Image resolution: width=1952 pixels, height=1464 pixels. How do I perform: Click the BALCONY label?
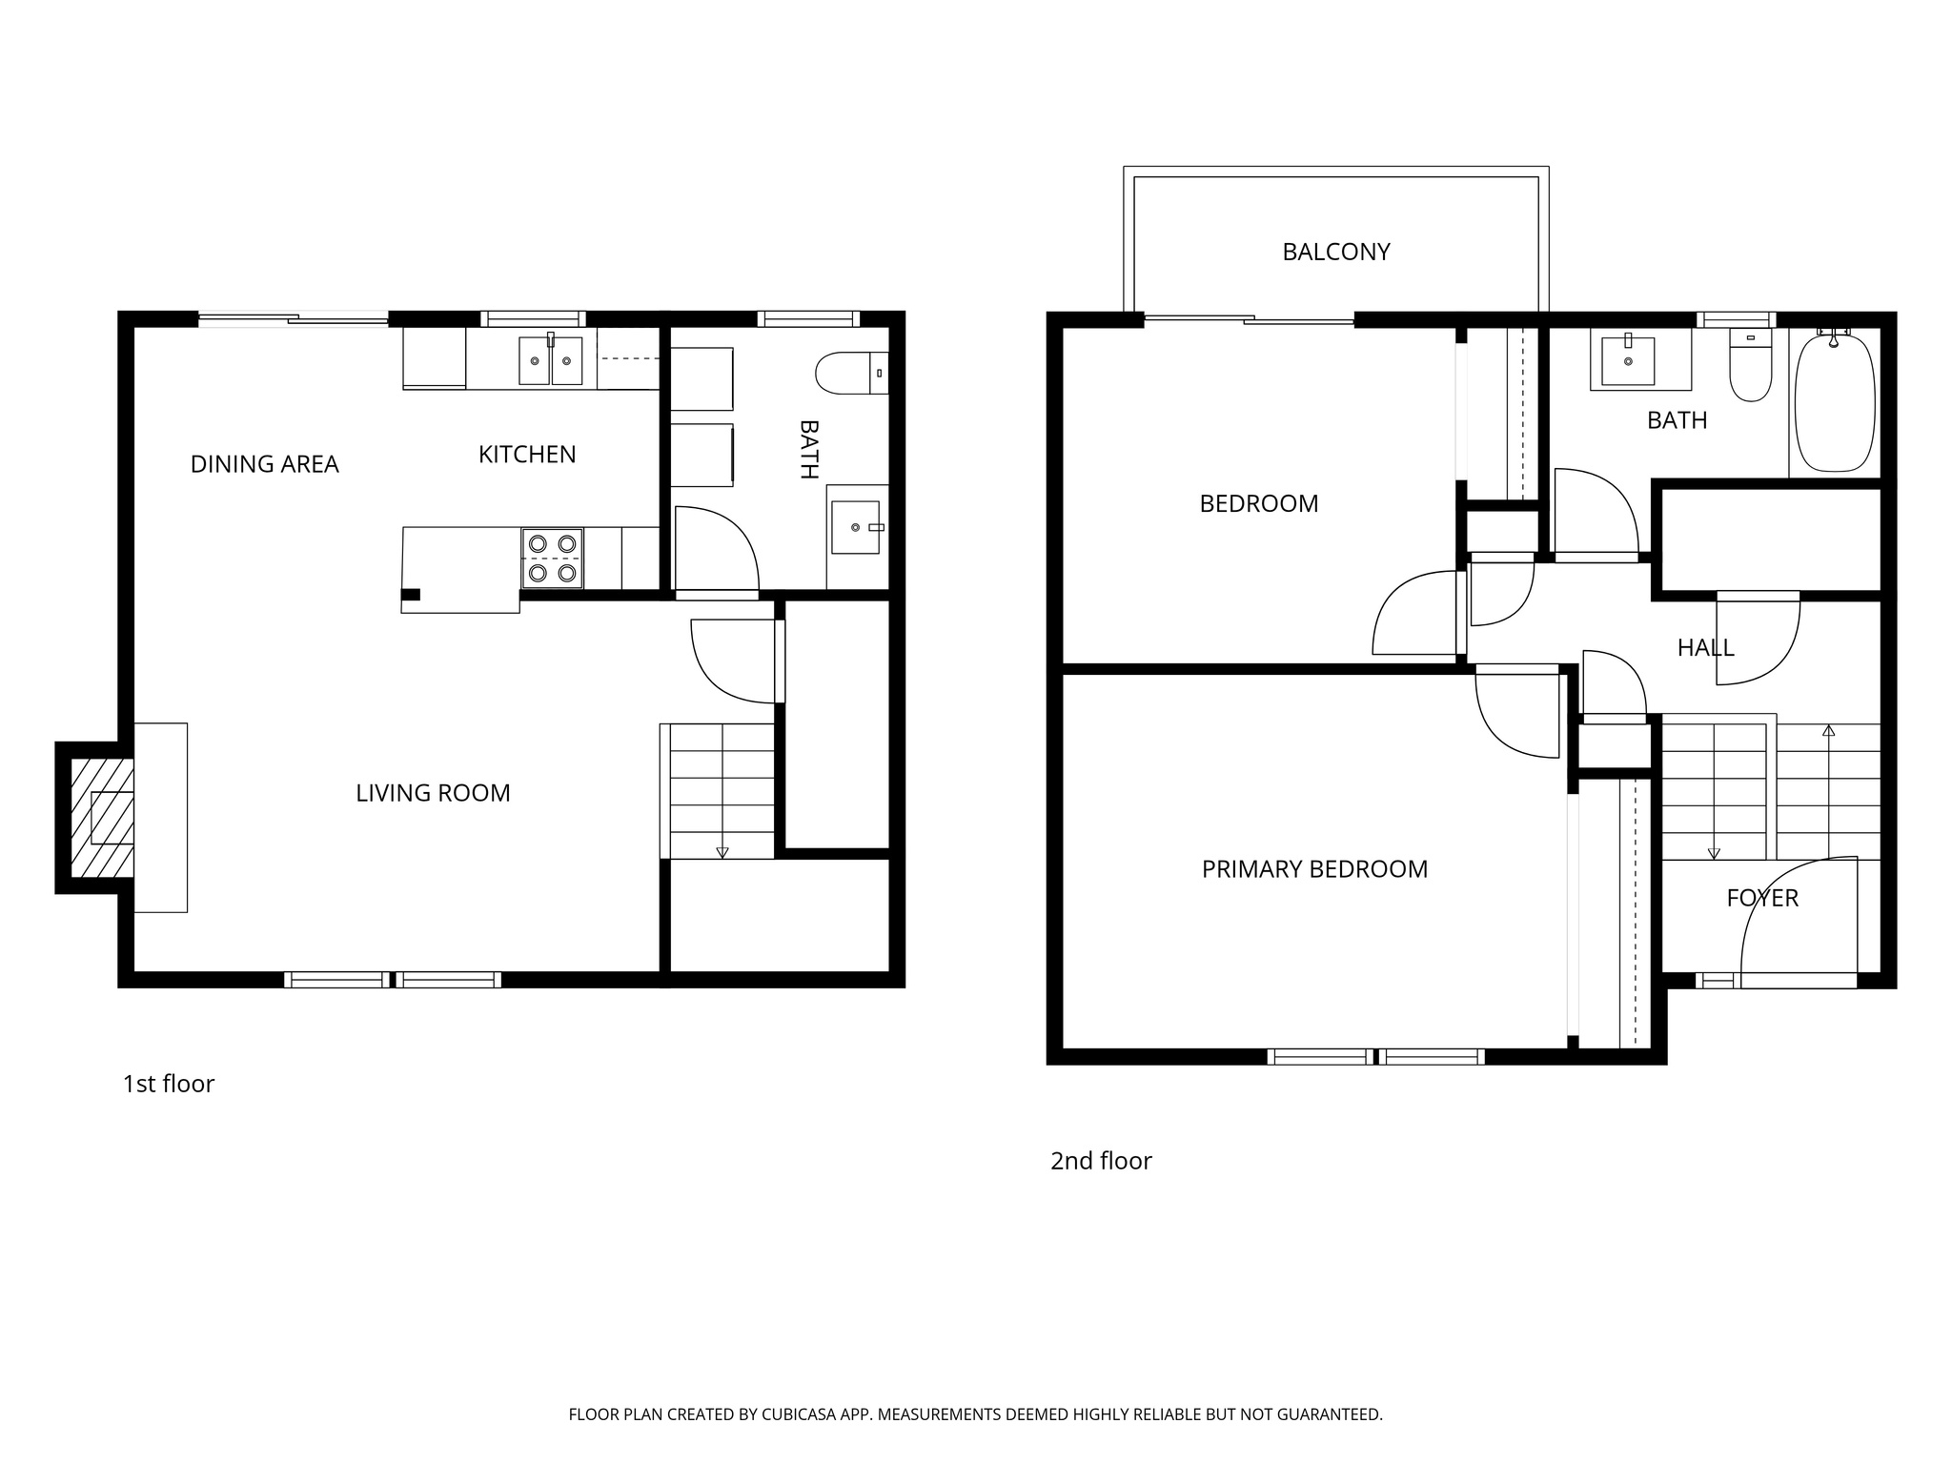click(x=1335, y=252)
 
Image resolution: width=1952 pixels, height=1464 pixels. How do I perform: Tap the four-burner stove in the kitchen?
click(x=553, y=559)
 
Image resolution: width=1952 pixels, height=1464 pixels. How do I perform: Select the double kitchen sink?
click(x=550, y=360)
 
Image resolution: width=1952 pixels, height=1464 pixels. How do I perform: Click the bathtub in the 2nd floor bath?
click(x=1835, y=401)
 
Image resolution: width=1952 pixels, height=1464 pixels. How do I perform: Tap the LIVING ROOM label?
click(x=433, y=793)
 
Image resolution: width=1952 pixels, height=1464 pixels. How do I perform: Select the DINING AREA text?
click(x=264, y=464)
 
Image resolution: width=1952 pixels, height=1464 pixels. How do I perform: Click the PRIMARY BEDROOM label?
click(x=1314, y=869)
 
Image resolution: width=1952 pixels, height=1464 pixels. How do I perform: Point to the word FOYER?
click(x=1762, y=898)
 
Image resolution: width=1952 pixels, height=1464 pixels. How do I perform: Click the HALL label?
click(x=1705, y=648)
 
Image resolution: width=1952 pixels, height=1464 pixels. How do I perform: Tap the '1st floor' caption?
click(x=169, y=1084)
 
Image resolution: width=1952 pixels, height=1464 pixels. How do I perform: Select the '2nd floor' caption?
click(x=1101, y=1161)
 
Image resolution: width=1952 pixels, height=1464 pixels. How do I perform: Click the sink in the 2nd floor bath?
click(x=1628, y=360)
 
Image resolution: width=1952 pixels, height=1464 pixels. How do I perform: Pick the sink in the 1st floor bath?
click(x=855, y=527)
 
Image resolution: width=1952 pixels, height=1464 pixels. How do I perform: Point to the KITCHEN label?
click(x=527, y=455)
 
